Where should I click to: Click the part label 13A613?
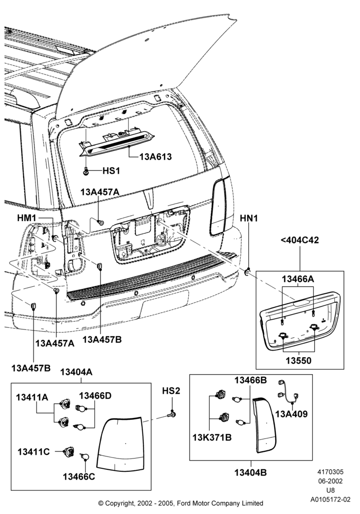coord(155,157)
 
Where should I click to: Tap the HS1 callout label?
coord(111,171)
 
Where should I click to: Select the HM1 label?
coord(27,217)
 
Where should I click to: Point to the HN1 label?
coord(249,218)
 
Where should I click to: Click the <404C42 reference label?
coord(300,240)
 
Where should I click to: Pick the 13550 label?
coord(298,361)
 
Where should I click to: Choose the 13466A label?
coord(298,279)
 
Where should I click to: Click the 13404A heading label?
coord(77,372)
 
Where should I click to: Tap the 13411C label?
coord(33,452)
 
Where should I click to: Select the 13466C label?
coord(79,476)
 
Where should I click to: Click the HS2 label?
coord(171,391)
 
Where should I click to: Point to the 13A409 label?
coord(292,414)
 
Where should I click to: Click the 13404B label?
coord(250,472)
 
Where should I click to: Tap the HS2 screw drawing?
coord(171,415)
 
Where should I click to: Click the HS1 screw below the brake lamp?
coord(86,171)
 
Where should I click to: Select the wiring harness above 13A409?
coord(289,392)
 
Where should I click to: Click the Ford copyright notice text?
coord(181,503)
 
